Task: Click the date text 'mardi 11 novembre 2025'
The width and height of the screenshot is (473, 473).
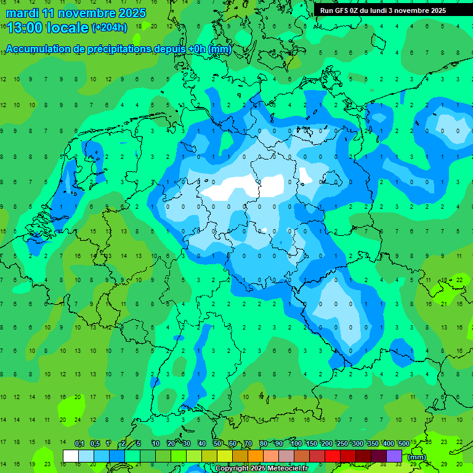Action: [x=76, y=13]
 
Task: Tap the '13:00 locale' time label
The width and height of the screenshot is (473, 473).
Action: [x=47, y=27]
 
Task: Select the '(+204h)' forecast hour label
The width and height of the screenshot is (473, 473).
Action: [x=109, y=27]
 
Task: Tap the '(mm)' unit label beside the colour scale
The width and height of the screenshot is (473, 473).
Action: [x=417, y=457]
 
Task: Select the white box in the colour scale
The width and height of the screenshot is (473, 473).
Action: [x=71, y=456]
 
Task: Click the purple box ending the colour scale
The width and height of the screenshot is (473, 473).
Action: [x=394, y=456]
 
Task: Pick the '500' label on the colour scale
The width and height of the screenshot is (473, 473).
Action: [x=403, y=444]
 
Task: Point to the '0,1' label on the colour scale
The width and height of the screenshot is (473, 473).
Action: [x=79, y=444]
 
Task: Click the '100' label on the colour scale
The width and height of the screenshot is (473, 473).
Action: [x=296, y=444]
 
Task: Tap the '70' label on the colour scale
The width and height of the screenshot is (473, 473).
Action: [x=248, y=444]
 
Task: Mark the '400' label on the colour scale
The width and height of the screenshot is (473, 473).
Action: [x=388, y=444]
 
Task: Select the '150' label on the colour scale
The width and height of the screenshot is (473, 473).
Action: [x=311, y=444]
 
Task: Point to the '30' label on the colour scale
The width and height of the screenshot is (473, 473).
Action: [x=186, y=444]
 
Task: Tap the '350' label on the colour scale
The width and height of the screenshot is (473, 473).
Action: [x=373, y=444]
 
